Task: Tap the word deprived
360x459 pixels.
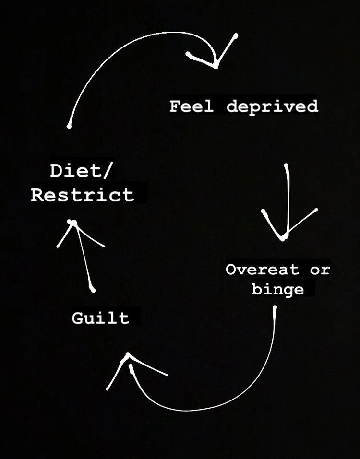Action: [272, 106]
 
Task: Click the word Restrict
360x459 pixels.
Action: [82, 195]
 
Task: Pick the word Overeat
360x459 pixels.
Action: [262, 270]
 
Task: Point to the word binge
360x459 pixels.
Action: [277, 290]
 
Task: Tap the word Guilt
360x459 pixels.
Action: [101, 318]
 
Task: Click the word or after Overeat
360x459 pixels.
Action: [320, 270]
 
